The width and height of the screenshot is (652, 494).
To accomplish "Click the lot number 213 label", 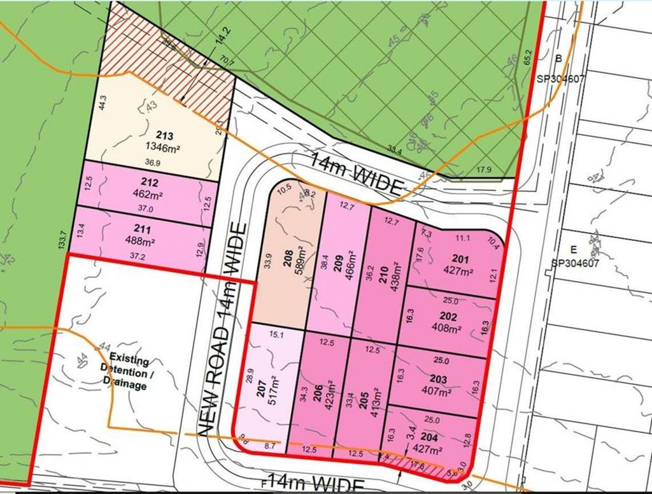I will click(x=164, y=135).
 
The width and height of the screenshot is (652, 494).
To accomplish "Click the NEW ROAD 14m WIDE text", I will click(x=220, y=328).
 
